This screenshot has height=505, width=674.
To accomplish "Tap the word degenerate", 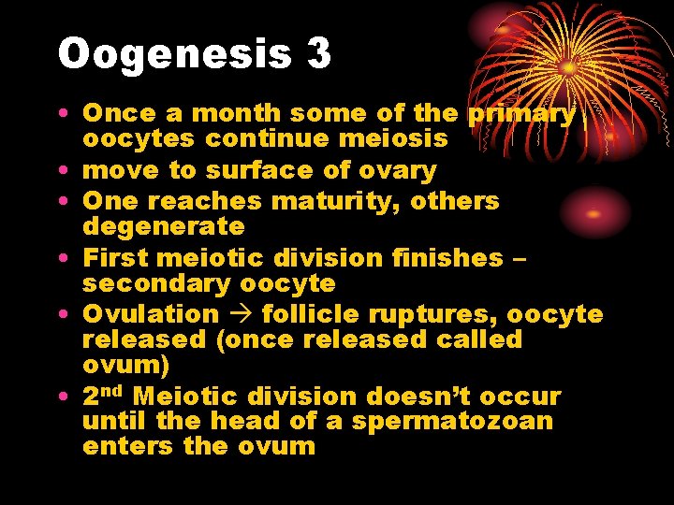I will (x=164, y=226).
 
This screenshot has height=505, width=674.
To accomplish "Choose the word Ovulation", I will (x=151, y=314).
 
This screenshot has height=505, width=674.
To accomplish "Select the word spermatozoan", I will (x=452, y=421).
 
